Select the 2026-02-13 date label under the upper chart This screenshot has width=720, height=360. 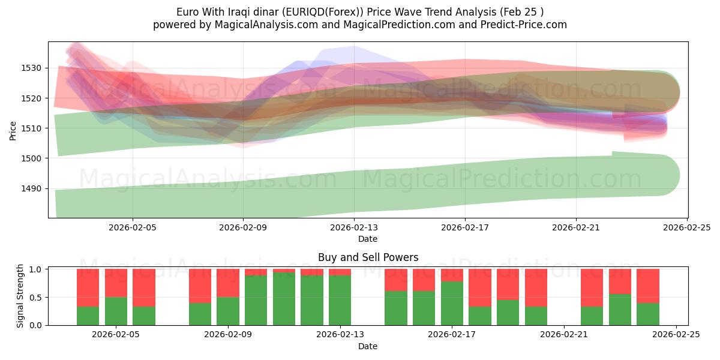[354, 227]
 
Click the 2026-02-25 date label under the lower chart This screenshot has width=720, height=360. [676, 335]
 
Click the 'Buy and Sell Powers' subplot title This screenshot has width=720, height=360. [368, 257]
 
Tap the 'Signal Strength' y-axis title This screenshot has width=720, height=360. [20, 296]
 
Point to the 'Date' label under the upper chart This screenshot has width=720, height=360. [368, 239]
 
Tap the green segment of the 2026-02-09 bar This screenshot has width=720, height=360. [228, 311]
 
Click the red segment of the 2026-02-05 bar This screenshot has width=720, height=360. [116, 283]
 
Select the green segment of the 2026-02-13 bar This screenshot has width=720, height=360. [340, 300]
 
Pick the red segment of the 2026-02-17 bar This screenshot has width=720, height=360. [452, 275]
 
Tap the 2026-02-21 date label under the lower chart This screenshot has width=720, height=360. [564, 335]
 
